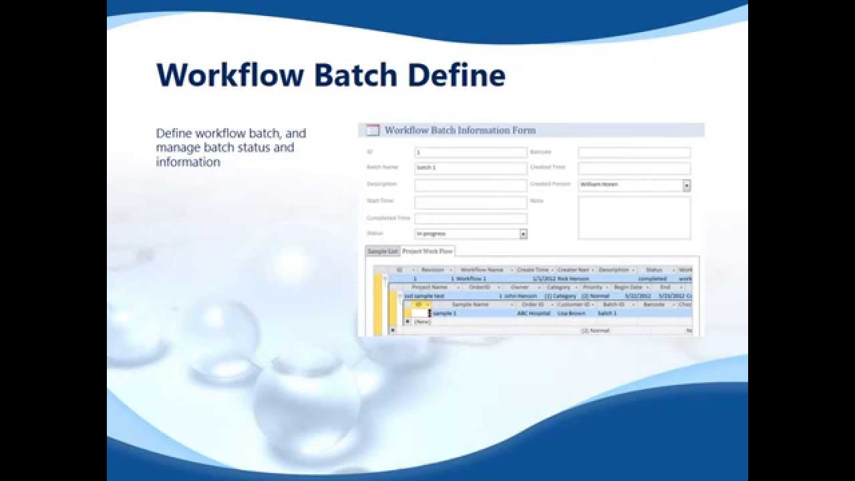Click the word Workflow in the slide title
230,75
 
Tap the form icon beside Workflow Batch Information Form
373,130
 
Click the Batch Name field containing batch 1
470,168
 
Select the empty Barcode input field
634,152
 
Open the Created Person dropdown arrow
686,185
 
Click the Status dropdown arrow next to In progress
523,234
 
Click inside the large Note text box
634,218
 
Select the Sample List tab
383,251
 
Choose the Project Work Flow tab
427,251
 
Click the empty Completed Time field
470,218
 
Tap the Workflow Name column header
482,270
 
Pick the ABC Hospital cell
533,313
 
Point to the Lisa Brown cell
572,313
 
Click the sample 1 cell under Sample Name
445,313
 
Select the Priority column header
592,287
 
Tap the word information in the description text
188,162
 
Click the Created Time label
548,167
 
